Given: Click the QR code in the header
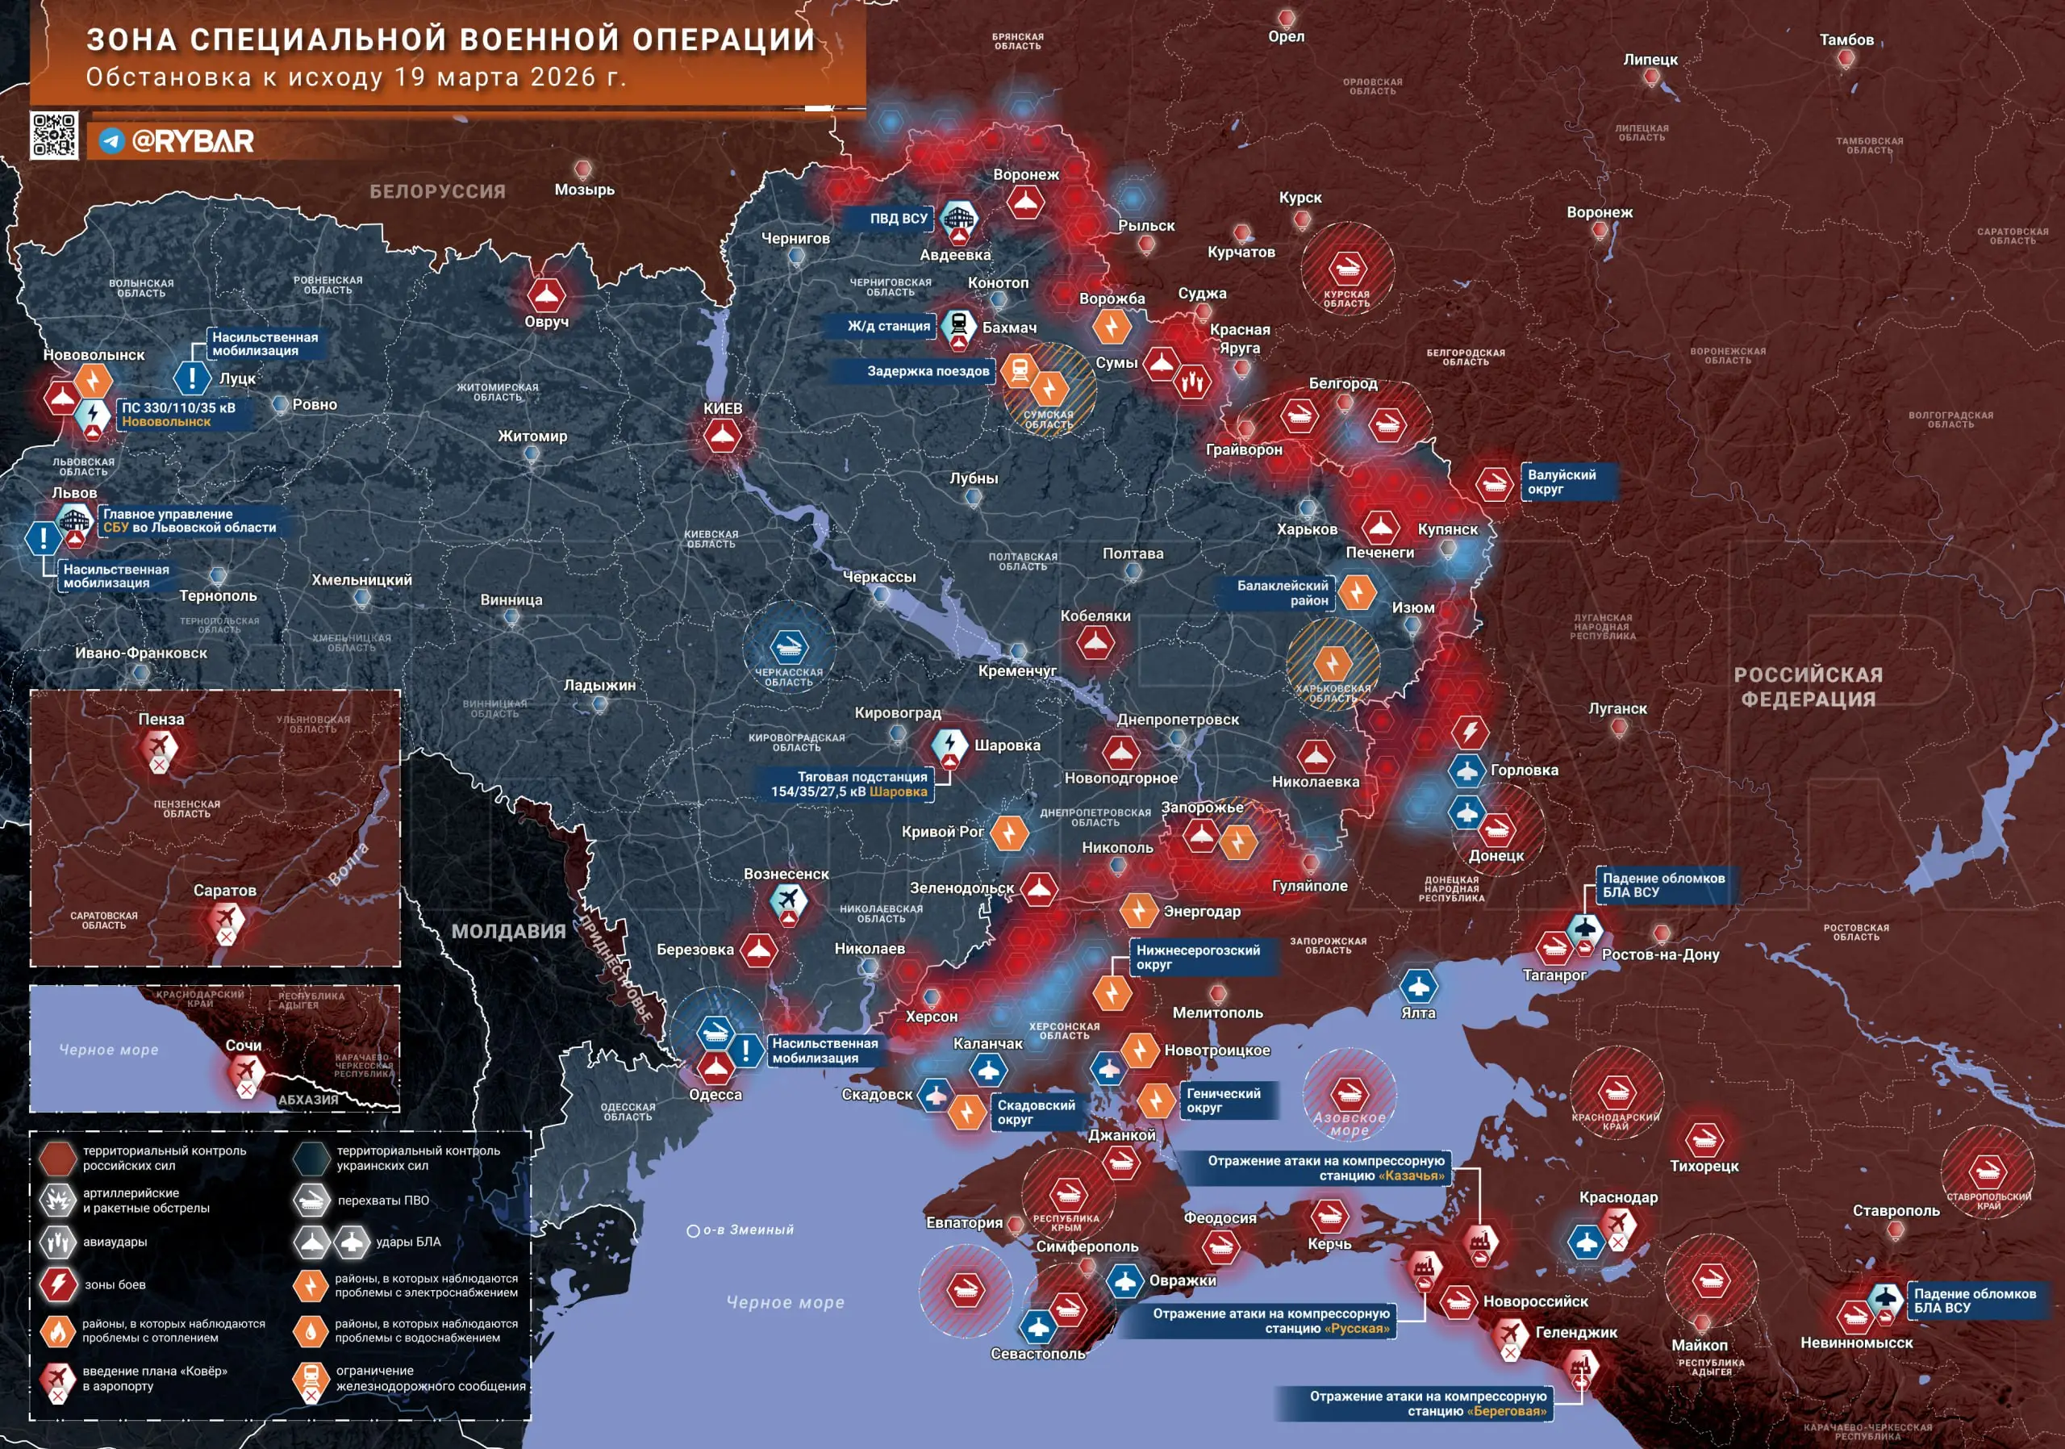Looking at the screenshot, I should tap(54, 136).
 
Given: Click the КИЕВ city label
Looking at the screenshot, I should tap(723, 408).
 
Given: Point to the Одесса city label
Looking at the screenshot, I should tap(715, 1095).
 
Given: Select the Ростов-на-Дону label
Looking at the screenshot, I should tap(1660, 954).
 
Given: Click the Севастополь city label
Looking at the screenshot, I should tap(1038, 1354).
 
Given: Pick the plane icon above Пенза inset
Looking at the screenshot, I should tap(158, 745).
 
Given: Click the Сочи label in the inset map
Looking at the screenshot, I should tap(244, 1045).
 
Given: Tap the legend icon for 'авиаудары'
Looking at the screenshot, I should tap(57, 1242).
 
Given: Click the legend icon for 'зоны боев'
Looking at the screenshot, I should tap(57, 1284).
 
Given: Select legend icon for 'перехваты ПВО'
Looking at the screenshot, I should tap(311, 1200).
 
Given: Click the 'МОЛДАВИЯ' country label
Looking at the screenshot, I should tap(508, 932).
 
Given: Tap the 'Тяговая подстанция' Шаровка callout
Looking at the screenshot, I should tap(850, 784).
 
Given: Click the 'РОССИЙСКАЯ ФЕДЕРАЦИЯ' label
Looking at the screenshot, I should tap(1808, 687).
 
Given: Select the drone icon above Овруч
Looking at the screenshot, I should tap(546, 294).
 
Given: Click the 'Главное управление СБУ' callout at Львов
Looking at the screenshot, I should tap(189, 520).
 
